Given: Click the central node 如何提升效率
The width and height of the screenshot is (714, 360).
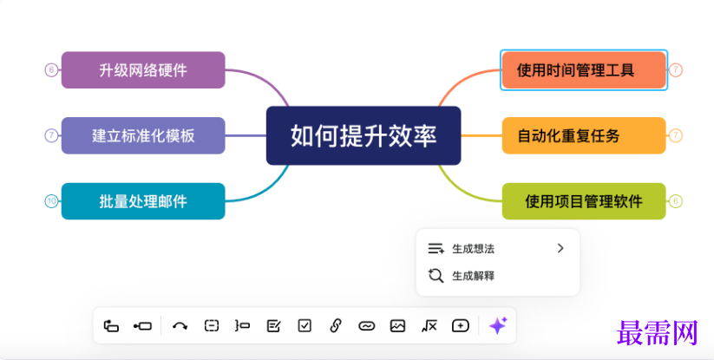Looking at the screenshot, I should click(363, 135).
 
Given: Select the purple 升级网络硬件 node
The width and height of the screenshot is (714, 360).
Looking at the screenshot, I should click(143, 70).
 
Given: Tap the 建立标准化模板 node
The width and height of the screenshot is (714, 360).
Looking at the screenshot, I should click(143, 135).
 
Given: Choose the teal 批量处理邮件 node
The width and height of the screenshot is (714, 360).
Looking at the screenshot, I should click(143, 201).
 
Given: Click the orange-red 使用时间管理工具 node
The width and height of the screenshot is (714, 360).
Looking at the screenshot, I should click(583, 70).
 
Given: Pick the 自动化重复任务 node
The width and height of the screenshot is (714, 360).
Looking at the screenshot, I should click(583, 135).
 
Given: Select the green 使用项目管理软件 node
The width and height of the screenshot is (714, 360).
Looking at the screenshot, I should click(583, 201).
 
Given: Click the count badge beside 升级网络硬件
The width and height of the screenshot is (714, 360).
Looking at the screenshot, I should click(51, 70).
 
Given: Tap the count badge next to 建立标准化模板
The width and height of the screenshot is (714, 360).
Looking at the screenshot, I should click(51, 135).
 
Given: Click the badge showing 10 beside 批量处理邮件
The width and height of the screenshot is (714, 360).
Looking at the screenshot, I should click(51, 201).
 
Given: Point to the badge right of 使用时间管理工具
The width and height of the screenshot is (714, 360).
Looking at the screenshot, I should click(676, 70).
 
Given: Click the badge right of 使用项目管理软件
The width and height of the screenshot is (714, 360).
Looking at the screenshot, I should click(676, 201).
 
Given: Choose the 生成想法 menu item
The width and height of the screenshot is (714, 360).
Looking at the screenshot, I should click(473, 248).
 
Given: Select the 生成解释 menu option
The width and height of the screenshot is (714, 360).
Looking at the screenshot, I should click(473, 276).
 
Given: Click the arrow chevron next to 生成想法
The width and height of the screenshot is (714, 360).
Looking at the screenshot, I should click(560, 248).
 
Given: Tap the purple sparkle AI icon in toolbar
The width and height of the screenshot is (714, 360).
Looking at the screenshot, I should click(497, 325).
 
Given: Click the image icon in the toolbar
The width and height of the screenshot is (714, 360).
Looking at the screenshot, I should click(397, 325).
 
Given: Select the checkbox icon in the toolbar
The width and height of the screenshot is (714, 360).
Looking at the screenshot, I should click(305, 325).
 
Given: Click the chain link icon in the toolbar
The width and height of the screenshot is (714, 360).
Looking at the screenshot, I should click(336, 325).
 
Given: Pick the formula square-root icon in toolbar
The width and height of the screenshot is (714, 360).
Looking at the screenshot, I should click(429, 325).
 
